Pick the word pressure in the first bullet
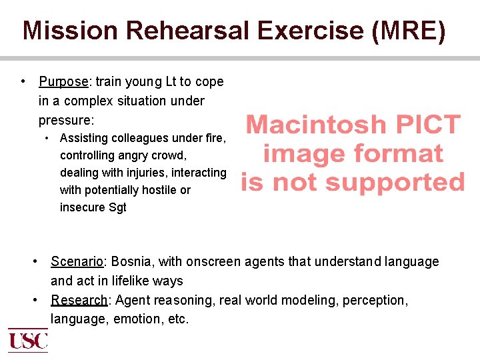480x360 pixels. (65, 121)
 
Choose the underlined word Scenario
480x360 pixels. (76, 262)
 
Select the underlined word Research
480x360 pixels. (79, 301)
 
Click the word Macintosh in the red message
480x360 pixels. (316, 125)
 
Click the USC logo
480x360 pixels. (27, 340)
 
